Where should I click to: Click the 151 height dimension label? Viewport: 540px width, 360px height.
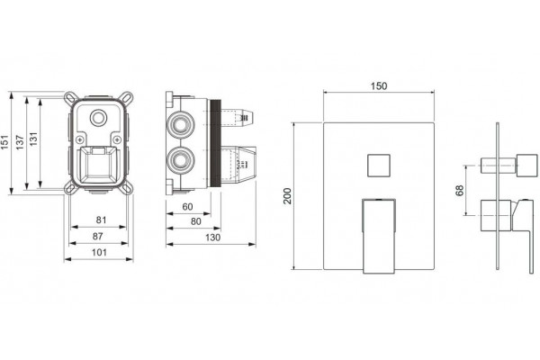[x=4, y=142]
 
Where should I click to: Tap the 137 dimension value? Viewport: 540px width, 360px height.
[x=20, y=142]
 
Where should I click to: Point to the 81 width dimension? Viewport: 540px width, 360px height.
[x=101, y=220]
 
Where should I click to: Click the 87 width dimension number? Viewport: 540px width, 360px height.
[x=98, y=236]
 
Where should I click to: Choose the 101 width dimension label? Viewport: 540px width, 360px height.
[x=99, y=252]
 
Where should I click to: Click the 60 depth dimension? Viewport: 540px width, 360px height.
[x=188, y=207]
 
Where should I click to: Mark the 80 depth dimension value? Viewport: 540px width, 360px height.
[x=195, y=221]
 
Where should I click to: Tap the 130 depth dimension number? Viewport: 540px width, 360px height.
[x=212, y=238]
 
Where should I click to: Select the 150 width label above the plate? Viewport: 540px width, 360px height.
[x=379, y=85]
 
